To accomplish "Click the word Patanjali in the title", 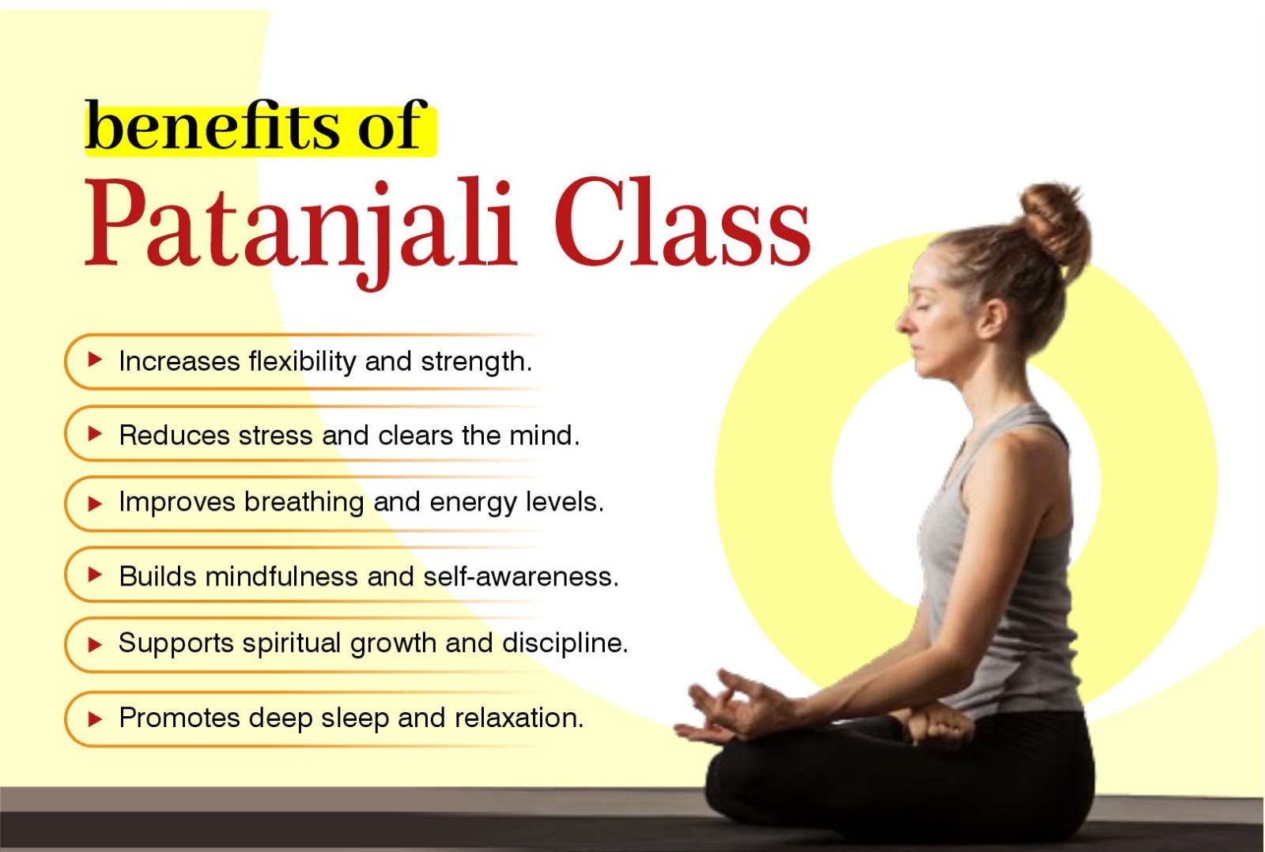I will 300,225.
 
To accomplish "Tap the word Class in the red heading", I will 682,225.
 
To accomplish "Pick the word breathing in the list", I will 304,503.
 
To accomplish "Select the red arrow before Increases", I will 95,360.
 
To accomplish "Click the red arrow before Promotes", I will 95,718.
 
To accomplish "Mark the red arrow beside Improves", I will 95,503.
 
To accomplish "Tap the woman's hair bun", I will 1055,221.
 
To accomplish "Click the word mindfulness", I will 281,577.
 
